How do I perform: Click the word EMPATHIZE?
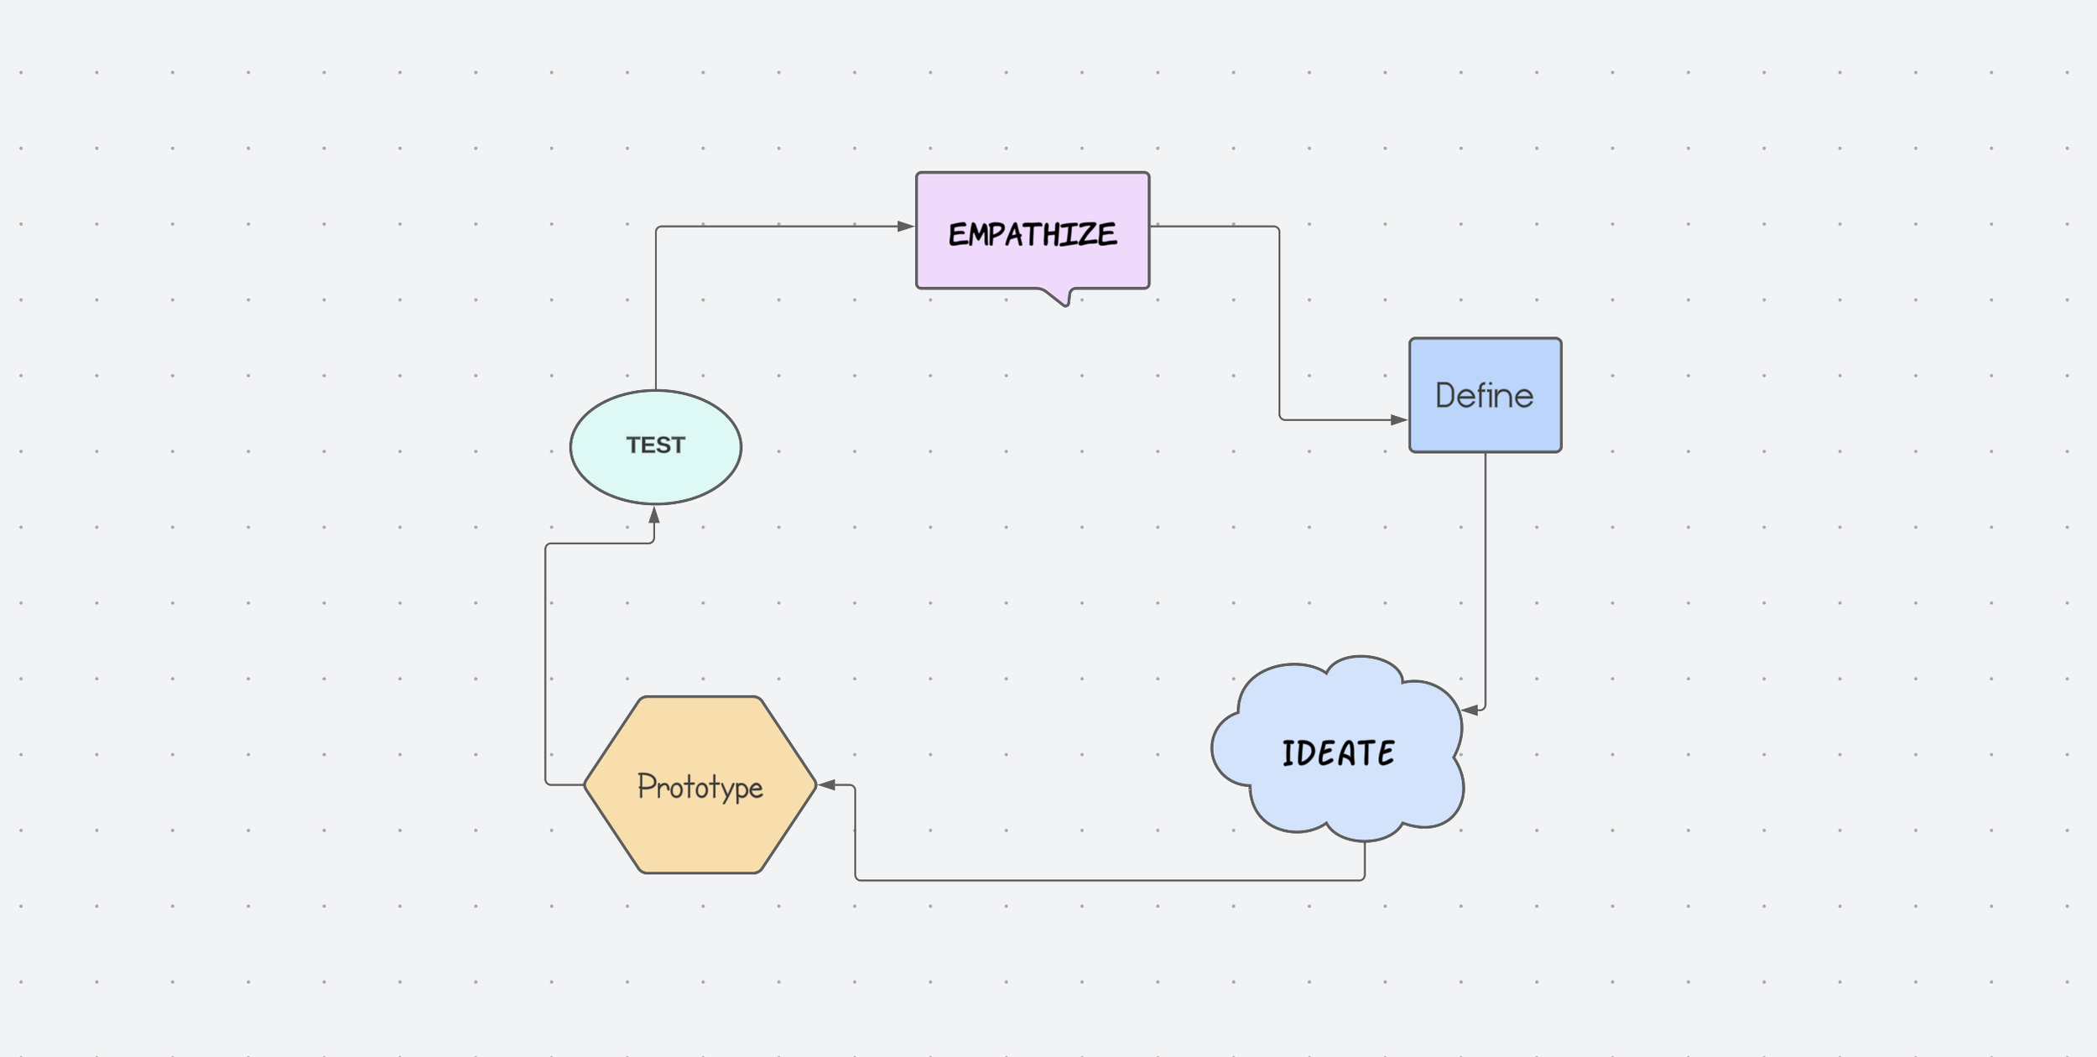coord(1033,234)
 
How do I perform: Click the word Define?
coord(1484,396)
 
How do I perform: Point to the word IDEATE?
coord(1338,753)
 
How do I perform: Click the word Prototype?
coord(700,787)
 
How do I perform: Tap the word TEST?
coord(655,445)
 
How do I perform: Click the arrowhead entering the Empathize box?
coord(906,226)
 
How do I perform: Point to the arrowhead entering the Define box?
coord(1399,419)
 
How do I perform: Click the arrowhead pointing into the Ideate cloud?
coord(1470,711)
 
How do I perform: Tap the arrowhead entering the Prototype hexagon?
coord(827,785)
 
